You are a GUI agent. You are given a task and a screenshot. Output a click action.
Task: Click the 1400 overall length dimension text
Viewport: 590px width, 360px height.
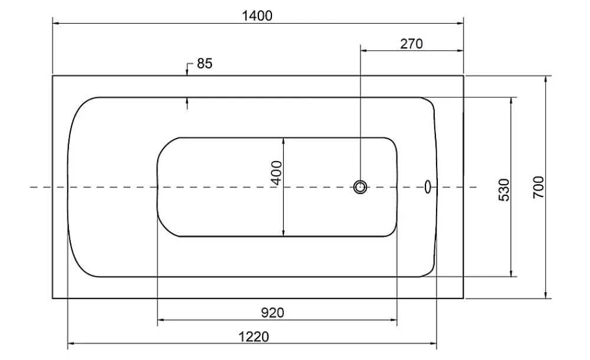click(x=257, y=16)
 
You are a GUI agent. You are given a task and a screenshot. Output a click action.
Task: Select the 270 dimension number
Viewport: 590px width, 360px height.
click(x=411, y=44)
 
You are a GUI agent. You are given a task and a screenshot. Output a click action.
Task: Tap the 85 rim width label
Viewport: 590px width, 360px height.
click(x=205, y=63)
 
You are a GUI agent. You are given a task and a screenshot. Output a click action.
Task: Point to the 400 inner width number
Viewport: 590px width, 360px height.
click(x=277, y=173)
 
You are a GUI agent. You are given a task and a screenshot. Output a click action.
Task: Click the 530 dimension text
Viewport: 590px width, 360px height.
click(x=504, y=190)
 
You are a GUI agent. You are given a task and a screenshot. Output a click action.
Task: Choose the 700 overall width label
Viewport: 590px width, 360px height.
click(x=539, y=187)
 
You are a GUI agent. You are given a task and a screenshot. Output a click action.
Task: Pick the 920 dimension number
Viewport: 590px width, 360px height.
click(x=273, y=313)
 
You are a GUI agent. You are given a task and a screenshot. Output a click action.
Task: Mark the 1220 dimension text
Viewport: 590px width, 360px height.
click(x=254, y=336)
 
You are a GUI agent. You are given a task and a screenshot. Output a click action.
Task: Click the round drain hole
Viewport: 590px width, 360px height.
click(x=360, y=186)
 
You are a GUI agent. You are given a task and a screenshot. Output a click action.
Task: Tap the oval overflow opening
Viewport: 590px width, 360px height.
click(x=427, y=186)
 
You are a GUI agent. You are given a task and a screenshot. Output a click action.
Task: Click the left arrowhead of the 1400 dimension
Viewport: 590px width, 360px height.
click(x=55, y=24)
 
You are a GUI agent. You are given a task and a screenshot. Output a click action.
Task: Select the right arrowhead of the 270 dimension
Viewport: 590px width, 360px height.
click(x=460, y=51)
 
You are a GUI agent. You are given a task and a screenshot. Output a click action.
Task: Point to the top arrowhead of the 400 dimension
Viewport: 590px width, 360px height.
click(x=284, y=141)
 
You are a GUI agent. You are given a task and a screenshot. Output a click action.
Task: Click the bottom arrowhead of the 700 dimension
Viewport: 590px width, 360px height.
click(x=546, y=295)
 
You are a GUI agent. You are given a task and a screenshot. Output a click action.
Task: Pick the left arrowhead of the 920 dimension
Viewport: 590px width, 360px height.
click(x=161, y=320)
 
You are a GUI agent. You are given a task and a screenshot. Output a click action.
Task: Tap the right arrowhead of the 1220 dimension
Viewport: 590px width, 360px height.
click(x=433, y=343)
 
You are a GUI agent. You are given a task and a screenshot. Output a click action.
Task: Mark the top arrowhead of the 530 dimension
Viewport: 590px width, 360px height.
click(x=510, y=101)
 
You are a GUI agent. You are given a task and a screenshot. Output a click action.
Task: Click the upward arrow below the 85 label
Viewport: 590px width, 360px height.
click(x=187, y=103)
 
